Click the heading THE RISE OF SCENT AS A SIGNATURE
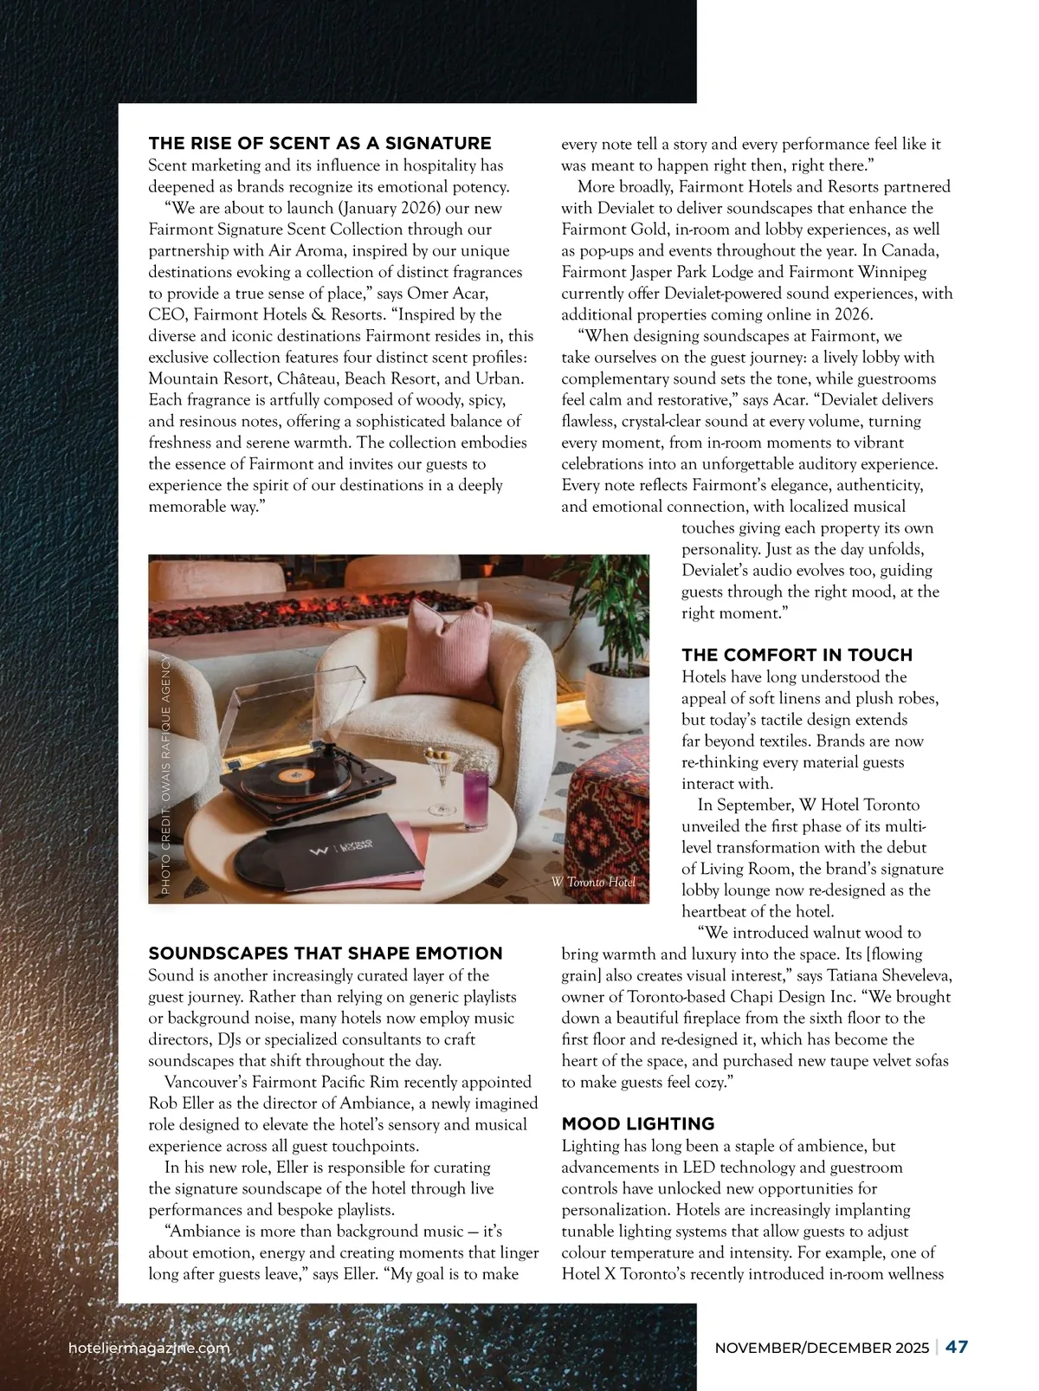tap(319, 144)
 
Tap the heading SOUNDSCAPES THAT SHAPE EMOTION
tap(326, 954)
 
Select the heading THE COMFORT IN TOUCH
tap(797, 655)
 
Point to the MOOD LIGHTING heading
tap(638, 1124)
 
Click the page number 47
tap(957, 1348)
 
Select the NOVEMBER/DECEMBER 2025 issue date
tap(822, 1349)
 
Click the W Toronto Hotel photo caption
tap(593, 882)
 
